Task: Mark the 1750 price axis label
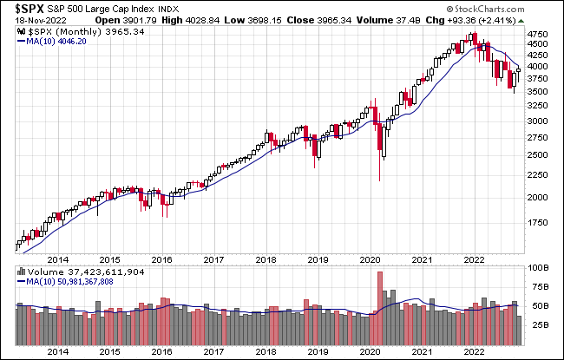(538, 222)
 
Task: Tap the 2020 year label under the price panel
(371, 259)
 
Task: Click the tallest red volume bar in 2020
(379, 296)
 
